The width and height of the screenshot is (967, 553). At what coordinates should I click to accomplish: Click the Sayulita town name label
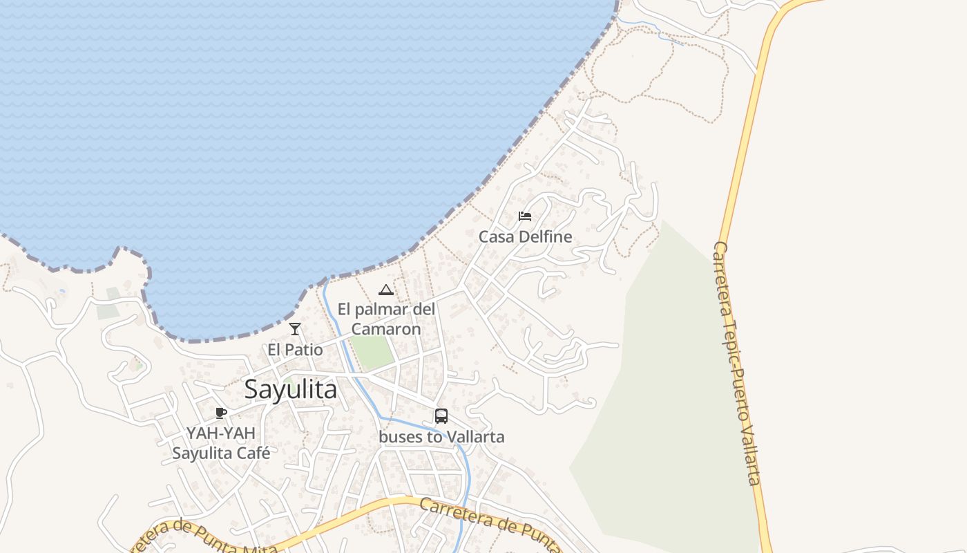(291, 390)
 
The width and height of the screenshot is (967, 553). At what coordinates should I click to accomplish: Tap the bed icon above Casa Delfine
(525, 216)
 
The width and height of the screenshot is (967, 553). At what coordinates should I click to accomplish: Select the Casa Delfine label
(526, 236)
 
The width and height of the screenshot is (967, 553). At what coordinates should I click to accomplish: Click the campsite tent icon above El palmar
(386, 290)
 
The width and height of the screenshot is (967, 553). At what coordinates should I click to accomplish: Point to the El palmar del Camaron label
(386, 319)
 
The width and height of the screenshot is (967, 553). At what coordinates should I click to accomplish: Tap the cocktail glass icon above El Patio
(295, 329)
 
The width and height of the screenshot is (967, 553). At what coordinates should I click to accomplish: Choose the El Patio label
(295, 350)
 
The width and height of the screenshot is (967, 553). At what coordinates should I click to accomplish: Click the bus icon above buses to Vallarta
(441, 416)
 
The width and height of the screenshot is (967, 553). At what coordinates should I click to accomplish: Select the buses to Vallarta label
(441, 437)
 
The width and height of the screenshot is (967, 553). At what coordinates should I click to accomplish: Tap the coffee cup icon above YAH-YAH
(221, 413)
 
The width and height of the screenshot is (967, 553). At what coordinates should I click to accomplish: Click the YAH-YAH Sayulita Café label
(221, 443)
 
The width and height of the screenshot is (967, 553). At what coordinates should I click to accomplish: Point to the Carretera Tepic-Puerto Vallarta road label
(738, 363)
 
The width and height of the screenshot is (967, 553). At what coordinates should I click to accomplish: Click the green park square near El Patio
(372, 352)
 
